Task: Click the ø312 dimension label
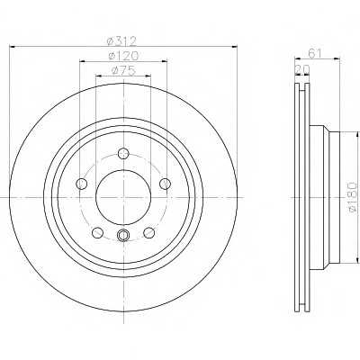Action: click(121, 40)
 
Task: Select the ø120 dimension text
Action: click(123, 56)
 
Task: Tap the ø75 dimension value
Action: click(123, 71)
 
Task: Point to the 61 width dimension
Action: click(315, 54)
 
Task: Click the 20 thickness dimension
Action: click(302, 69)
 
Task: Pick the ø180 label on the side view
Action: click(354, 198)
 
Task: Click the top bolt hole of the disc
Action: click(123, 153)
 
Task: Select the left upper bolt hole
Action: click(82, 184)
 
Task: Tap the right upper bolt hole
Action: click(165, 184)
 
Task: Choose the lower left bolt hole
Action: click(97, 232)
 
